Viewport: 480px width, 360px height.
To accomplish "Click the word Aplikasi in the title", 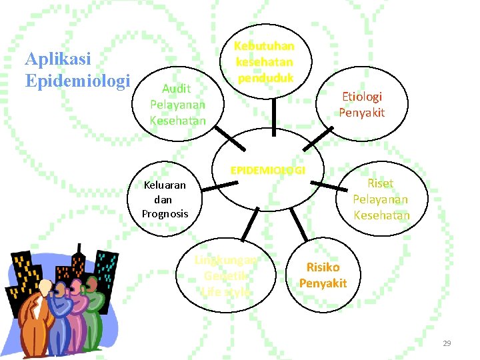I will click(58, 60).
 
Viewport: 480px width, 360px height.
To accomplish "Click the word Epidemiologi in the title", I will click(77, 81).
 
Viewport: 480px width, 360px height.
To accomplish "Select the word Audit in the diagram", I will click(177, 89).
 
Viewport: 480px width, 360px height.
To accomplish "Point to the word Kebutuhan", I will click(264, 46).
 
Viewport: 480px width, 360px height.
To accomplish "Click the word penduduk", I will click(264, 77).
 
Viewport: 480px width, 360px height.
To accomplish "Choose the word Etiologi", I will click(362, 97).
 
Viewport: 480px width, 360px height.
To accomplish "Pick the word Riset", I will click(381, 183).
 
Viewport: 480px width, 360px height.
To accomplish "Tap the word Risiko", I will click(323, 267).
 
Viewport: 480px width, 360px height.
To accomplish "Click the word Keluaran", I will click(165, 185).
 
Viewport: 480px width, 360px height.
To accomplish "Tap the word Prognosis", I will click(165, 214).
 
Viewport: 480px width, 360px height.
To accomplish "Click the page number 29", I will click(447, 343).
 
